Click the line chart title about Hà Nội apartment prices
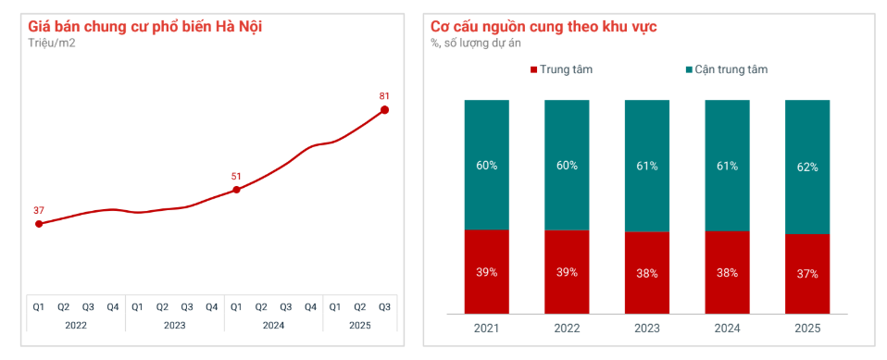145,26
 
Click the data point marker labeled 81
385,110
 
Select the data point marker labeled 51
236,190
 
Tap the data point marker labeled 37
39,224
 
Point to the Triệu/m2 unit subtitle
52,43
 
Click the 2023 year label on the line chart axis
174,325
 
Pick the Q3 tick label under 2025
384,306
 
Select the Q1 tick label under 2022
39,306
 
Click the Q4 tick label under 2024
310,306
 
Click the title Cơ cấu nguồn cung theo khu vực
543,26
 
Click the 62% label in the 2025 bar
806,167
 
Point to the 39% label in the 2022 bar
567,272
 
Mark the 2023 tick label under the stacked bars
646,329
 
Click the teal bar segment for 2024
727,165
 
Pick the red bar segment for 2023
646,273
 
